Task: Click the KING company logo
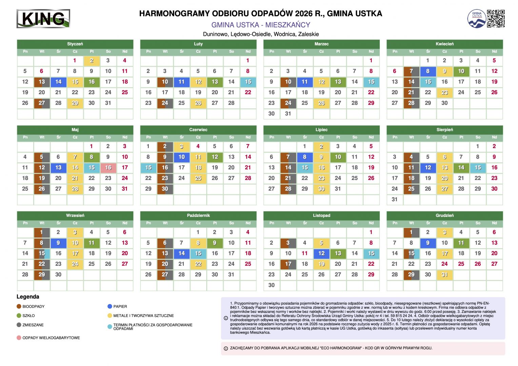tap(43, 19)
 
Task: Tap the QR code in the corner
tap(496, 19)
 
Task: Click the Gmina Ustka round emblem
tap(477, 19)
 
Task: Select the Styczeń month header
tap(75, 44)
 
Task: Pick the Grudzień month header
tap(444, 215)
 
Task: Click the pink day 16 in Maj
tap(108, 167)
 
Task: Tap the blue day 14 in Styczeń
tap(58, 82)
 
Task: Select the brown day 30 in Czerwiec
tap(165, 189)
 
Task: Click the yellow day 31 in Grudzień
tap(444, 274)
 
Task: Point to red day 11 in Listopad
tap(304, 253)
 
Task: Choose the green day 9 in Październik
tap(215, 243)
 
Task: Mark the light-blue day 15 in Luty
tap(248, 82)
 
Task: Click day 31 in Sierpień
tap(395, 199)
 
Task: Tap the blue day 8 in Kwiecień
tap(428, 71)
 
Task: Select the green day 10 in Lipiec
tap(338, 157)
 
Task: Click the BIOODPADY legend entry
tap(33, 306)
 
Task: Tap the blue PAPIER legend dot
tap(109, 306)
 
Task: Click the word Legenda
tap(28, 297)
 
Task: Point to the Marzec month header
tap(321, 44)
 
